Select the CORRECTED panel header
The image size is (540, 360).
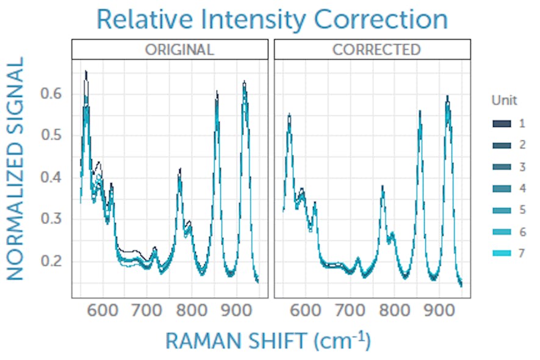pyautogui.click(x=372, y=49)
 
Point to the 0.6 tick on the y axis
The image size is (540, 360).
pyautogui.click(x=53, y=94)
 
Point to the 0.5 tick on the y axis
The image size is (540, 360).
pyautogui.click(x=53, y=135)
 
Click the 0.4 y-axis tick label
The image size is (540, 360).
pyautogui.click(x=53, y=178)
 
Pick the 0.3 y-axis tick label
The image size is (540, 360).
pyautogui.click(x=53, y=219)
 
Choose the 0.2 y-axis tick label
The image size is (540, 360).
pyautogui.click(x=53, y=261)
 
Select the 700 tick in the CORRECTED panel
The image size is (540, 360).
pyautogui.click(x=350, y=308)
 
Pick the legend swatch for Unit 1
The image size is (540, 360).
pyautogui.click(x=501, y=124)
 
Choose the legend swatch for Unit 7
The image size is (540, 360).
pyautogui.click(x=501, y=253)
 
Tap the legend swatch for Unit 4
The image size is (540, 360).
pyautogui.click(x=501, y=189)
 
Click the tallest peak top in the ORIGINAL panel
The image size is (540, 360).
pyautogui.click(x=86, y=71)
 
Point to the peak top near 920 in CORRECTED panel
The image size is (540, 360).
pyautogui.click(x=447, y=96)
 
